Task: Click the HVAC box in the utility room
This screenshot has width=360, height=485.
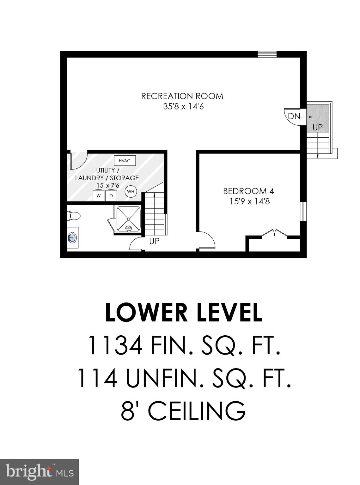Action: coord(125,161)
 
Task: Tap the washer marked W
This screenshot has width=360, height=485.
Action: coord(99,195)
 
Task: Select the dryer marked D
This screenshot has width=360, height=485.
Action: coord(111,195)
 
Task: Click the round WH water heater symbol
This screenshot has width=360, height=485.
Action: coord(131,191)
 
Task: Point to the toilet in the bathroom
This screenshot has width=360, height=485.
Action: coord(73,216)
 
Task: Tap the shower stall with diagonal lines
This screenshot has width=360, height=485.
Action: coord(128,219)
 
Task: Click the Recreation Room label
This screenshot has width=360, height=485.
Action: coord(182,96)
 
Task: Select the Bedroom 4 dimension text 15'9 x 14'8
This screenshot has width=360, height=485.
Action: coord(250,201)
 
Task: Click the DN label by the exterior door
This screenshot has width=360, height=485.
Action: coord(294,116)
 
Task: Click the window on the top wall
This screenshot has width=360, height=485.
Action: coord(267,54)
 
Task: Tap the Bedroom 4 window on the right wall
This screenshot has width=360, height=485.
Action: coord(303,211)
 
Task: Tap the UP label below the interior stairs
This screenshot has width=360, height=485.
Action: coord(154,241)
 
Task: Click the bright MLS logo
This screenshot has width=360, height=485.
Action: coord(40,472)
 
